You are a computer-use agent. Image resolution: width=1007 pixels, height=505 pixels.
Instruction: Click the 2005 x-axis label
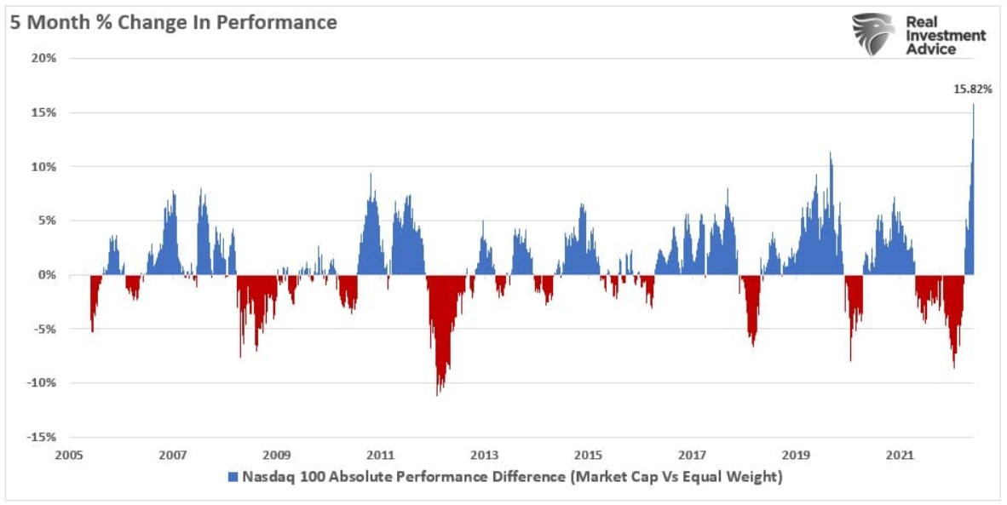(x=69, y=456)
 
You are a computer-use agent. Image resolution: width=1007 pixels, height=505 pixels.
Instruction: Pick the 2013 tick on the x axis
(x=484, y=456)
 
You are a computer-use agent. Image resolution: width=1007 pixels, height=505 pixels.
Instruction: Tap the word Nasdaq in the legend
(x=266, y=477)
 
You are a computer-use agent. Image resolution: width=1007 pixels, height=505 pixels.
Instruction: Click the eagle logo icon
(x=873, y=35)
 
